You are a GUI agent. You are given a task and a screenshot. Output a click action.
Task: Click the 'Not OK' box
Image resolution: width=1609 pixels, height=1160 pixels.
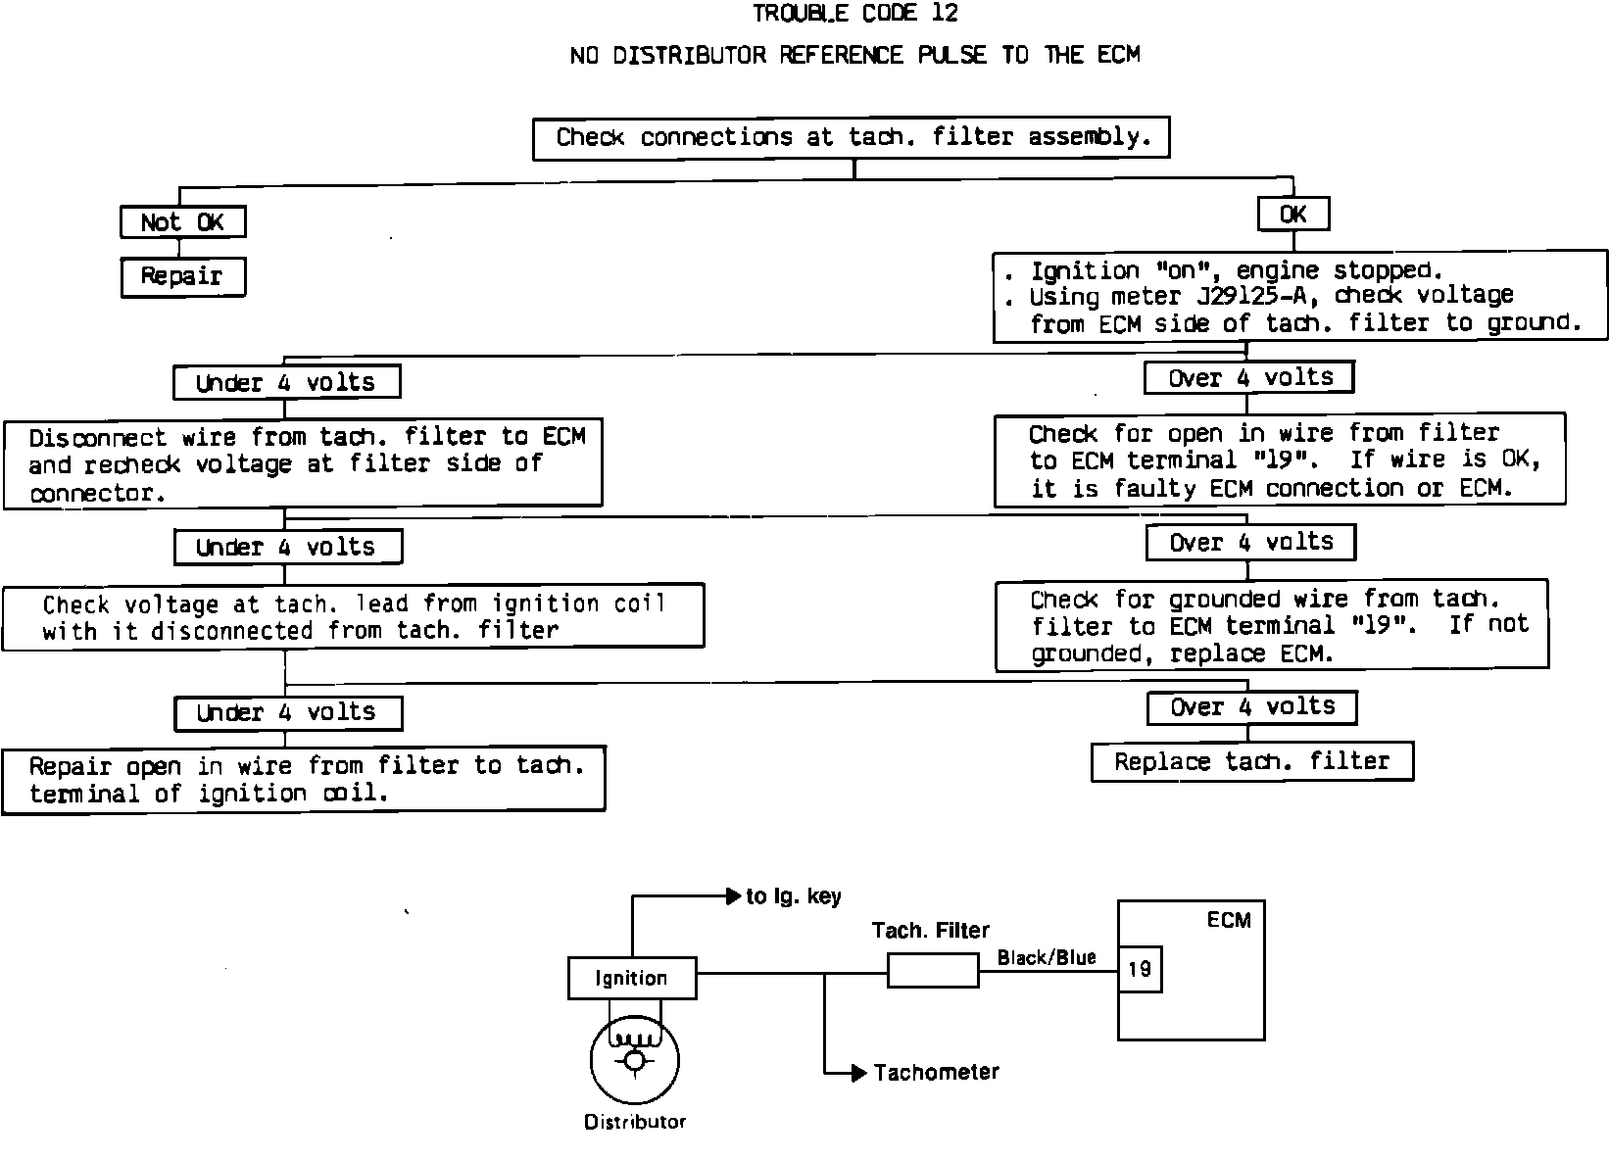(182, 222)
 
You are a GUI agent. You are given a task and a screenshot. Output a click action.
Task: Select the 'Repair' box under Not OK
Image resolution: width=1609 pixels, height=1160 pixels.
(182, 276)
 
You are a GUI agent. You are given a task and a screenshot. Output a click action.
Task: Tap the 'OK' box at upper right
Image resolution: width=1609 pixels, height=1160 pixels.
(1292, 215)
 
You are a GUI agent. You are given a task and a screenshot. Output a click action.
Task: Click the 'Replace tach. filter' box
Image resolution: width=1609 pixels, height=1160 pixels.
(1251, 762)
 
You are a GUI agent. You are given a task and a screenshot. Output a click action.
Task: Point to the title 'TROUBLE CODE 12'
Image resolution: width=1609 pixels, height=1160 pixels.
(854, 14)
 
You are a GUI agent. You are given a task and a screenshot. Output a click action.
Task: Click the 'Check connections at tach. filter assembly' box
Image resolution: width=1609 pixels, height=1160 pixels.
(851, 138)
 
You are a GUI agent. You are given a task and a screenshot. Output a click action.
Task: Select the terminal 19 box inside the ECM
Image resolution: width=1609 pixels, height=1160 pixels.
(1140, 969)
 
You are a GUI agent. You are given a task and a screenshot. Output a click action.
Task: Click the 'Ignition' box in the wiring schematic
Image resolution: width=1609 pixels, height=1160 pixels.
(632, 978)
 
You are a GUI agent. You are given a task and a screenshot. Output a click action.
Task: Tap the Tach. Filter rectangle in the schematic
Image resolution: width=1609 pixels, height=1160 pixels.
(933, 971)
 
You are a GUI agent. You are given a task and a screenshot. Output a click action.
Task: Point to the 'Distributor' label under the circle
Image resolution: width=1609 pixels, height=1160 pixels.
(635, 1122)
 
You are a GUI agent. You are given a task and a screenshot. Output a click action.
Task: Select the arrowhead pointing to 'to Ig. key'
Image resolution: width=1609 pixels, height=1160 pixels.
(732, 895)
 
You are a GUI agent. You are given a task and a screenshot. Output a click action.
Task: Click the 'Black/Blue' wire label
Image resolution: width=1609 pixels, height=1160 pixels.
(1047, 957)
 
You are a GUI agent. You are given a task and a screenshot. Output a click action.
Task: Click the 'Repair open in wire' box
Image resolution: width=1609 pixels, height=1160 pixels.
(303, 780)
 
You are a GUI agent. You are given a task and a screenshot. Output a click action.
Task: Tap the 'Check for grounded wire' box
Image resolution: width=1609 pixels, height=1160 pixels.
(1272, 626)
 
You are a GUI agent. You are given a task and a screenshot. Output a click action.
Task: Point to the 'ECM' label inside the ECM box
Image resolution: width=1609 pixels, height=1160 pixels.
(1229, 920)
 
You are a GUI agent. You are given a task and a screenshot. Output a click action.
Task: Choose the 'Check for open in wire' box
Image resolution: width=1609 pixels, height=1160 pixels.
(1280, 460)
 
